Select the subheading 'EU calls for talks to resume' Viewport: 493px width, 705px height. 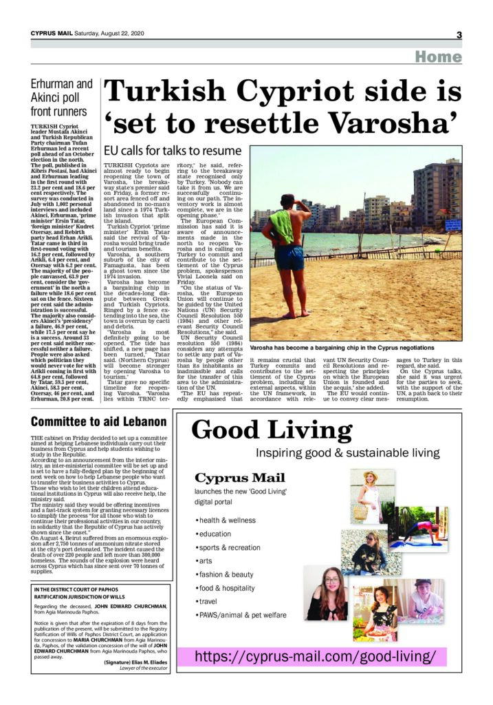tap(172, 150)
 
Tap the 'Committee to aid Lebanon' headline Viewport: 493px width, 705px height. tap(99, 421)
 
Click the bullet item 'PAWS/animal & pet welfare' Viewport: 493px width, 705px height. tap(241, 633)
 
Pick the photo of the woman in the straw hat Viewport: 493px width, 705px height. tap(375, 496)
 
